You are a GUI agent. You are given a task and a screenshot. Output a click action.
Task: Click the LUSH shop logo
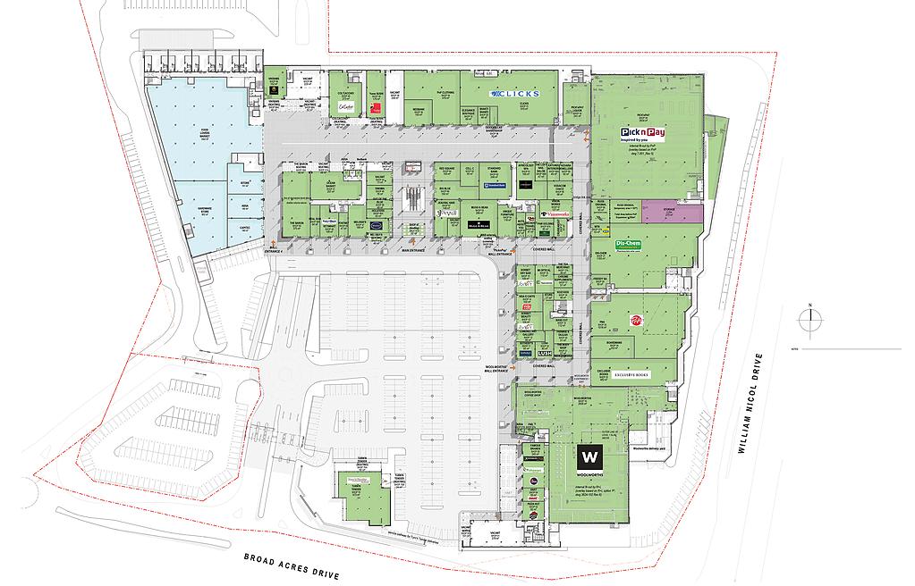click(546, 354)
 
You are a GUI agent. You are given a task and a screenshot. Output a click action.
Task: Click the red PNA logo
click(637, 321)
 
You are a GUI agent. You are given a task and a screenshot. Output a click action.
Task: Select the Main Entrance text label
click(413, 252)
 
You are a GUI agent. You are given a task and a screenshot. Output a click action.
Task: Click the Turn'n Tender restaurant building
click(359, 493)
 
